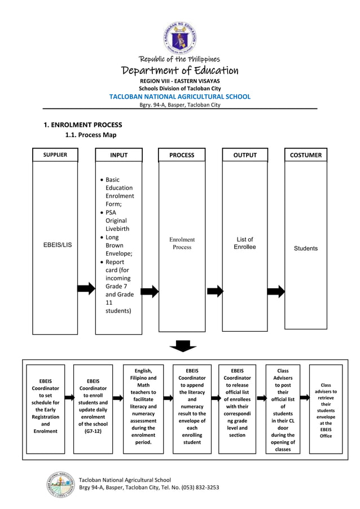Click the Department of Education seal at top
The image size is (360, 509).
180,38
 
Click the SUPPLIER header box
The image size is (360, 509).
55,155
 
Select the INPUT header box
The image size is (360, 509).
118,155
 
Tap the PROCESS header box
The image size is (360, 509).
182,155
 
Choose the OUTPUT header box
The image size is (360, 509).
245,155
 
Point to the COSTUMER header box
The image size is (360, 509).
306,155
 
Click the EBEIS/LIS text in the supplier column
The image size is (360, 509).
58,245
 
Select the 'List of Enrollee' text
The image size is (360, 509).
245,243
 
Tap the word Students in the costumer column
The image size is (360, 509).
306,248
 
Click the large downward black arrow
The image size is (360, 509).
183,346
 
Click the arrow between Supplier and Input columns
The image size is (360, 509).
86,289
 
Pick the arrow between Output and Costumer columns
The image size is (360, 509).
276,291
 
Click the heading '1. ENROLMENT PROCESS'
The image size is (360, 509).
83,125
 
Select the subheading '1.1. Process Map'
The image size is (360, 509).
91,135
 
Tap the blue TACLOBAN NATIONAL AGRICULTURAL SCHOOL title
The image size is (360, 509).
180,96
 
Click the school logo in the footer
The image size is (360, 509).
60,484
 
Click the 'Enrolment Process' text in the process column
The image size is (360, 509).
182,243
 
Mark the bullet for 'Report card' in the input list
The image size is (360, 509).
101,262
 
